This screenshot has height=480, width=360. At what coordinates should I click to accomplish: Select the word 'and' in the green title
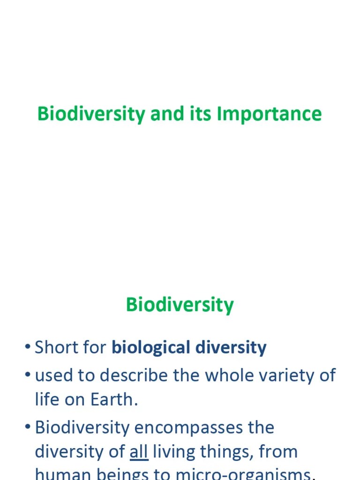(x=166, y=114)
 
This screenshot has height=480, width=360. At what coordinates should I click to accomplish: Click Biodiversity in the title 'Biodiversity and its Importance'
(x=91, y=114)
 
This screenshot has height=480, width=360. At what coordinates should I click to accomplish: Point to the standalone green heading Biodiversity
(x=180, y=305)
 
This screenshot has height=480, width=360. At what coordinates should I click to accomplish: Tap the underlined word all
(x=139, y=452)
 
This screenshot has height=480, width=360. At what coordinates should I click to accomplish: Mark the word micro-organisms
(x=243, y=474)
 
